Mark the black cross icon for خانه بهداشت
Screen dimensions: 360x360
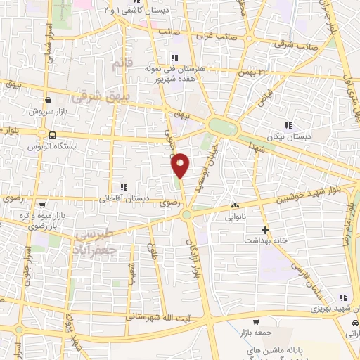265,230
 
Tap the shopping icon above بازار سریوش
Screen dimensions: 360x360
49,100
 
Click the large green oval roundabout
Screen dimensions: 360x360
224,127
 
